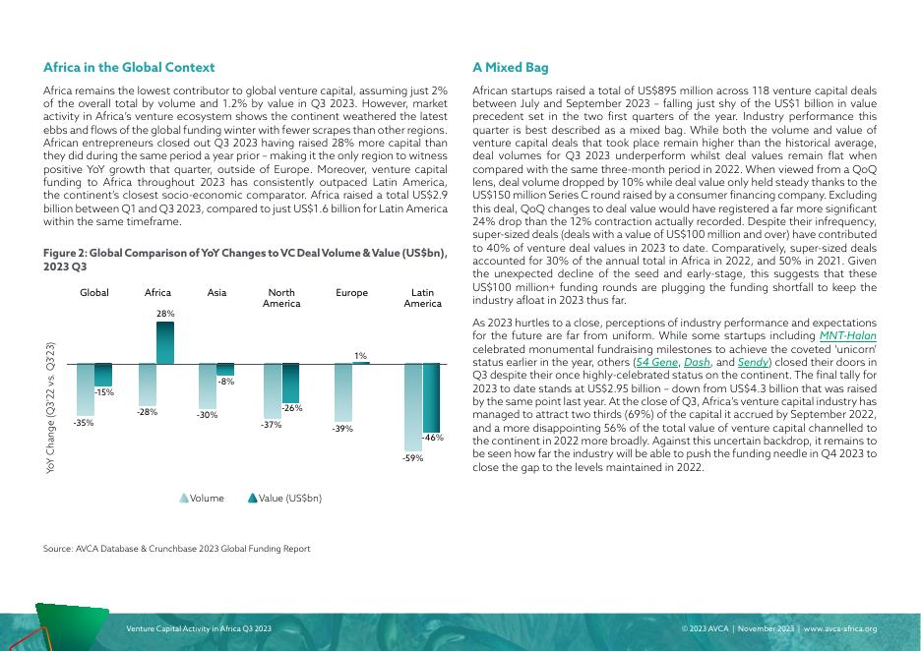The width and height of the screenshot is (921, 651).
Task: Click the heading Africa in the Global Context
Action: pos(129,68)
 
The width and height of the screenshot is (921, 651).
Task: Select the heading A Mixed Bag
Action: pos(510,68)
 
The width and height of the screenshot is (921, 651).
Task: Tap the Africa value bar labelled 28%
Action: pos(165,342)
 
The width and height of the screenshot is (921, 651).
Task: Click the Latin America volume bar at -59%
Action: pos(413,407)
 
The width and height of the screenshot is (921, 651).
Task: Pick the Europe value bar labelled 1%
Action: pos(361,363)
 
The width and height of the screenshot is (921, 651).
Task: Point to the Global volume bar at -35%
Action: pos(86,389)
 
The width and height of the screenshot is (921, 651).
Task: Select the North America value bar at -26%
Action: pos(290,382)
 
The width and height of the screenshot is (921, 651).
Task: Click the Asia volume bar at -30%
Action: pos(207,385)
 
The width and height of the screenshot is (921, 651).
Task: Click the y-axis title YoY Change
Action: pos(51,409)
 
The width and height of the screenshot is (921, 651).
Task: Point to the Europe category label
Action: pos(351,293)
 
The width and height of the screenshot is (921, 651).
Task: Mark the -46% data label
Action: pos(433,437)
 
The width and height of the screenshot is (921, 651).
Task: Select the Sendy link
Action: pos(755,362)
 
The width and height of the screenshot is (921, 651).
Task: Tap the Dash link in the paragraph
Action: pos(697,362)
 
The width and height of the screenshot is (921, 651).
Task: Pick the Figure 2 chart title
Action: pos(245,260)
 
